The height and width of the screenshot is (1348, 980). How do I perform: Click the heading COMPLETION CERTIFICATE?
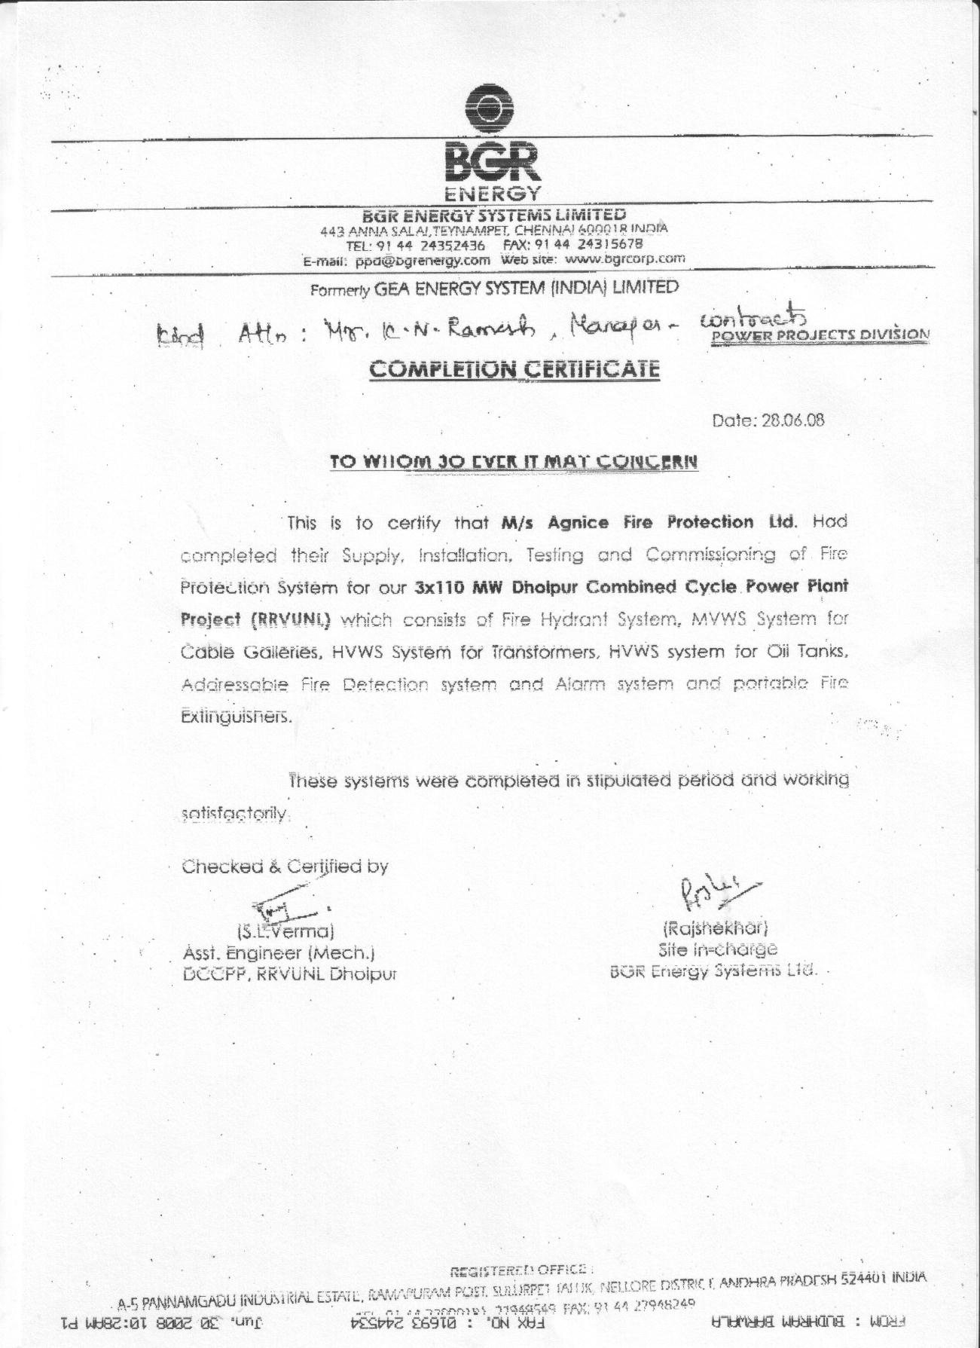515,369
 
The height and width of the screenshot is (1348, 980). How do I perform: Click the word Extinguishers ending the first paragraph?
235,717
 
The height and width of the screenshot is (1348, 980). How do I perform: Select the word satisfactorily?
235,814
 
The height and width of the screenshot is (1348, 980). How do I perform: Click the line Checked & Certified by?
285,867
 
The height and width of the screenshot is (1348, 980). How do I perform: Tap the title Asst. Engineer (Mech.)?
279,952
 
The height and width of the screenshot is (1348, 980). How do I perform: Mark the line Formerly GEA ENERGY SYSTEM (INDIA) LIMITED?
494,288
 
